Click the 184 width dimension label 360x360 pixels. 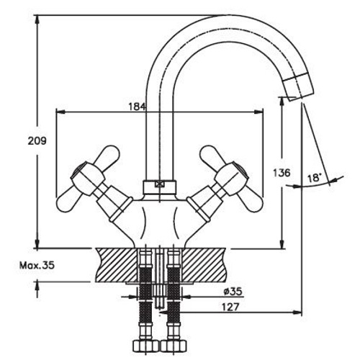[x=138, y=107]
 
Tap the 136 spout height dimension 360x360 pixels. [x=282, y=173]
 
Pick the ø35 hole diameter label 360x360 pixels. [x=232, y=292]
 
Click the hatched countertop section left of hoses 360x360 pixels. [x=115, y=265]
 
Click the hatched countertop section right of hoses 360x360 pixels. [x=205, y=265]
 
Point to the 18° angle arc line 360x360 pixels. [x=310, y=185]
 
